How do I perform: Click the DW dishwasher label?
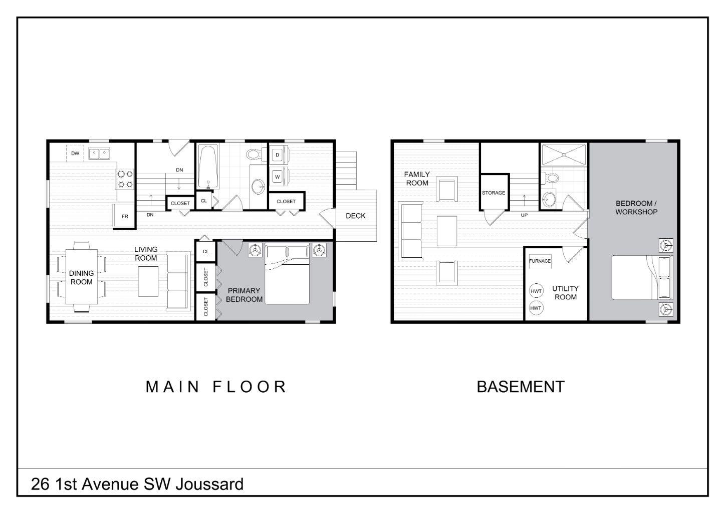[x=75, y=153]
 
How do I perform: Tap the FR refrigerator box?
[x=125, y=216]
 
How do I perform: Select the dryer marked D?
[x=277, y=155]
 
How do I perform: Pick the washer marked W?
[x=277, y=177]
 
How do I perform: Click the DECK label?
[x=356, y=216]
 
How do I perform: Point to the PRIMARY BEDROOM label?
[x=244, y=295]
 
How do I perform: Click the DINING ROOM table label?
[x=81, y=277]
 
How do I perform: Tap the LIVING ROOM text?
[x=146, y=253]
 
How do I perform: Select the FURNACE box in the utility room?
[x=540, y=261]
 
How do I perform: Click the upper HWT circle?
[x=536, y=291]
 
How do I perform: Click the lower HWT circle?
[x=536, y=307]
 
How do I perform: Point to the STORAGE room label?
[x=494, y=193]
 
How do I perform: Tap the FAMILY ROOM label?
[x=417, y=179]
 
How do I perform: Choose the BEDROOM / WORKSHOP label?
[x=636, y=208]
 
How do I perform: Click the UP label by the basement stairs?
[x=524, y=215]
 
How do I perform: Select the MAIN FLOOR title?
[x=216, y=387]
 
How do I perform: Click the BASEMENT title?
[x=520, y=387]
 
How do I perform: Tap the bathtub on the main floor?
[x=207, y=166]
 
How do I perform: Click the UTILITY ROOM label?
[x=565, y=292]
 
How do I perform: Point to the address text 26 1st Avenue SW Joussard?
[x=137, y=484]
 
